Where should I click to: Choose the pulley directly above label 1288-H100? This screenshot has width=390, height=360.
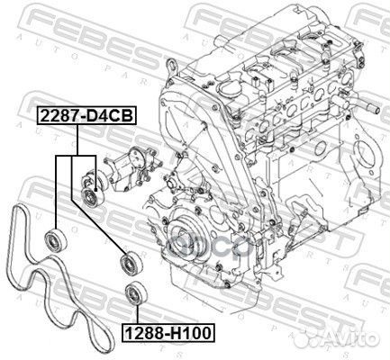tap(135, 293)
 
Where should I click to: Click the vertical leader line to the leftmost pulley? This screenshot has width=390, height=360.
tap(59, 193)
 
